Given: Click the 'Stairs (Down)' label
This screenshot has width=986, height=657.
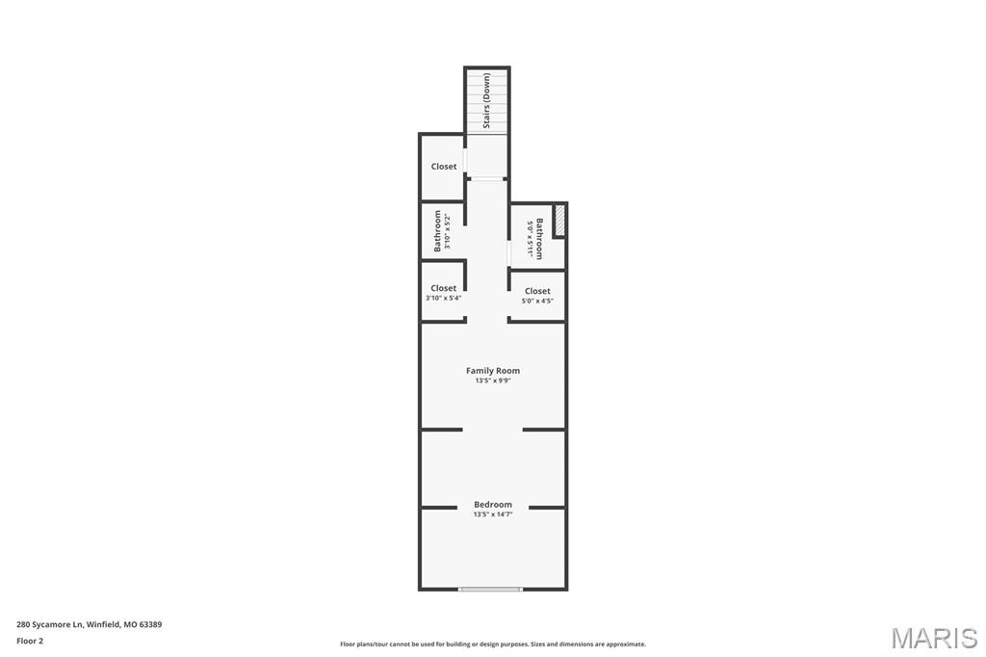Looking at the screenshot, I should point(487,100).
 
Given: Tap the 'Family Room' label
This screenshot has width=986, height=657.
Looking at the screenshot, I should point(493,371).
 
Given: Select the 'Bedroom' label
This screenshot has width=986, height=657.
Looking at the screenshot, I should point(493,504).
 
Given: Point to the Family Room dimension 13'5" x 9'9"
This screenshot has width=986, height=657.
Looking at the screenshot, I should point(493,381).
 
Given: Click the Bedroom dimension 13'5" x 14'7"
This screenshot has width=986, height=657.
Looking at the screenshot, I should point(493,514).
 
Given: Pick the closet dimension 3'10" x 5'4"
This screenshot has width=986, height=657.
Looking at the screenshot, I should point(444,299).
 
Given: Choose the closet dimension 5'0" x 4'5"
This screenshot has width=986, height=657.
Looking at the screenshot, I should point(537,302).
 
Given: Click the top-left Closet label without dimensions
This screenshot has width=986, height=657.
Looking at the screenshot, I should point(444,167).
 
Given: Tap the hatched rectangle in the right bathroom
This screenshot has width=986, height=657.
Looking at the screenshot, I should point(559,220).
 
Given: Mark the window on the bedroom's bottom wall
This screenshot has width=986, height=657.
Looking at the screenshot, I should point(491,589).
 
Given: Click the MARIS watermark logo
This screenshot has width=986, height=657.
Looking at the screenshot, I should point(934,637).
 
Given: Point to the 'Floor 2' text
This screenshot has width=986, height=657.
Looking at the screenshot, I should point(30,641).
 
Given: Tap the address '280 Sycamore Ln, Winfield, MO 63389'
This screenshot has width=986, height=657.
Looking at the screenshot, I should point(89,624).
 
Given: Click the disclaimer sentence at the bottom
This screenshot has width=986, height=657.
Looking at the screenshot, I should point(493,644).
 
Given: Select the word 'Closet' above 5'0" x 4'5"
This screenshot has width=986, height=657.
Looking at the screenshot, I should point(537,291).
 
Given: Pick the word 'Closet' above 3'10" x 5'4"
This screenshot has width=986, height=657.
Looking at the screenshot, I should point(444,288).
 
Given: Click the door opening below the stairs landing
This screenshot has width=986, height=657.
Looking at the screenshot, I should point(487,178).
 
